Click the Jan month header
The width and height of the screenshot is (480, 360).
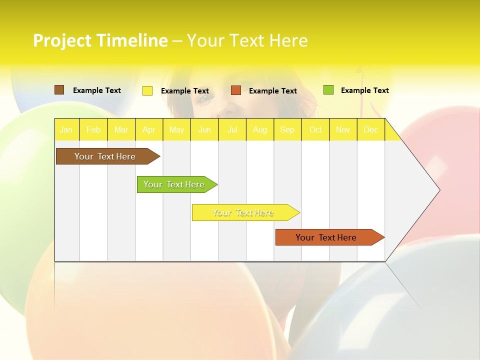pyautogui.click(x=66, y=129)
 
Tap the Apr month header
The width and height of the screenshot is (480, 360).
pyautogui.click(x=148, y=129)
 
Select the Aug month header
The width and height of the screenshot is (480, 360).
pyautogui.click(x=259, y=129)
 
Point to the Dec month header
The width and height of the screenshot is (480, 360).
pyautogui.click(x=370, y=129)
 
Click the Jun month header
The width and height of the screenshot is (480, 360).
pyautogui.click(x=204, y=129)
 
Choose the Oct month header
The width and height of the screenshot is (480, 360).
pyautogui.click(x=315, y=129)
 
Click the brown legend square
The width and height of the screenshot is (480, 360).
pyautogui.click(x=59, y=90)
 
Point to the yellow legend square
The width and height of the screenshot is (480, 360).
pyautogui.click(x=147, y=90)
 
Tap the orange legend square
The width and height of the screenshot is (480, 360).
pyautogui.click(x=236, y=90)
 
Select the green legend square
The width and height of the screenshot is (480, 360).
pyautogui.click(x=328, y=90)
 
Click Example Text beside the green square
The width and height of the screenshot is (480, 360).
pyautogui.click(x=364, y=90)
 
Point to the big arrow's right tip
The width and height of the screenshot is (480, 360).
pyautogui.click(x=438, y=190)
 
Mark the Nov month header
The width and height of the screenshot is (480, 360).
pyautogui.click(x=343, y=129)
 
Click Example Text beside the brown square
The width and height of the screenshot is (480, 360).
pyautogui.click(x=97, y=90)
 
